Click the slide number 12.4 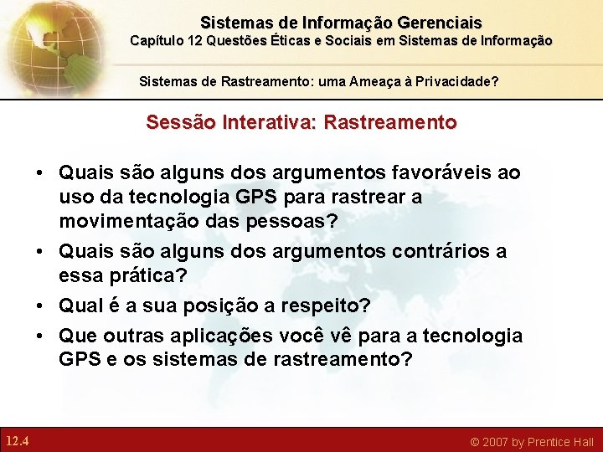pyautogui.click(x=17, y=440)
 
